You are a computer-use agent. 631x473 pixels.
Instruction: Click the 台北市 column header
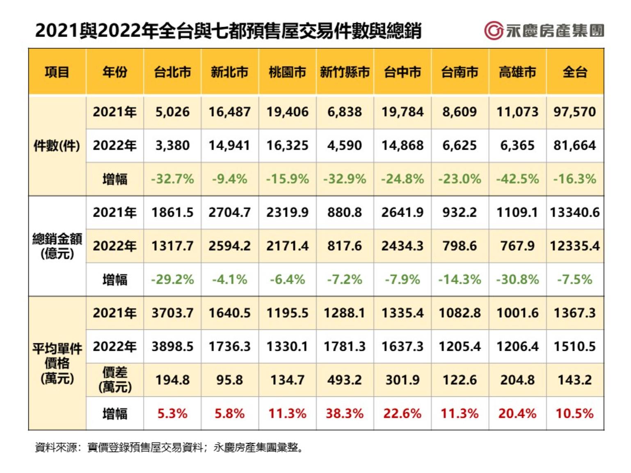(x=172, y=72)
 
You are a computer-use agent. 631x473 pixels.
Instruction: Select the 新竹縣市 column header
(x=345, y=72)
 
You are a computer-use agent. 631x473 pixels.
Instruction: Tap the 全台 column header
(x=575, y=72)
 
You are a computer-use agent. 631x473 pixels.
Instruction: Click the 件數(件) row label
(x=57, y=146)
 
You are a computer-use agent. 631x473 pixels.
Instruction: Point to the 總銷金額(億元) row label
(x=57, y=246)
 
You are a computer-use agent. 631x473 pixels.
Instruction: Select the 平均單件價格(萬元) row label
(x=57, y=363)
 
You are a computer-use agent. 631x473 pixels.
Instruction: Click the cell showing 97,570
(x=575, y=112)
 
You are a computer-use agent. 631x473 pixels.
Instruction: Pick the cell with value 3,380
(x=172, y=146)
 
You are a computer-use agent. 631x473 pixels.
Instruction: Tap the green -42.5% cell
(x=517, y=179)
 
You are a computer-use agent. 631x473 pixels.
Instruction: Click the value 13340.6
(x=575, y=213)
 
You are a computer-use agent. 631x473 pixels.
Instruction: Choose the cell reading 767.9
(x=517, y=246)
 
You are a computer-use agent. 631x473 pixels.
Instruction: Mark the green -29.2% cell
(x=172, y=280)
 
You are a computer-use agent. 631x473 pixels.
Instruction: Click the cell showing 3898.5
(x=172, y=347)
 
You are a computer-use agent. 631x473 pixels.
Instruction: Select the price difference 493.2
(x=345, y=380)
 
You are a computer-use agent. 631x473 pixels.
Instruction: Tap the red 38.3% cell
(x=345, y=414)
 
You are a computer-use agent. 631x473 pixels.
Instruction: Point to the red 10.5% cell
(x=575, y=414)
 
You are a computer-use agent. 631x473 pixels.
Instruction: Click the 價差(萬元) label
(x=115, y=380)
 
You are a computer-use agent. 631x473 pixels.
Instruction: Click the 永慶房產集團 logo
(x=544, y=31)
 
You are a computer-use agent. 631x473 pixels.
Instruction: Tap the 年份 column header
(x=115, y=72)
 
